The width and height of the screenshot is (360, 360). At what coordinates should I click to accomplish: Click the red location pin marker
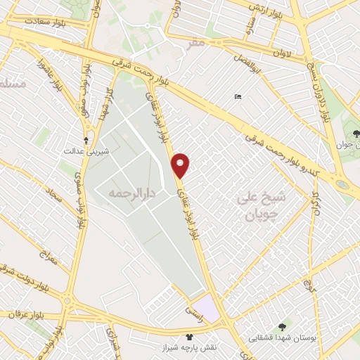pos(181,165)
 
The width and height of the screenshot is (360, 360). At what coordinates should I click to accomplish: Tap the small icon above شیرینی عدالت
pos(86,140)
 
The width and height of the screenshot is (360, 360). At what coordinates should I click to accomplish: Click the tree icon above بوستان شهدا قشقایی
pos(283,326)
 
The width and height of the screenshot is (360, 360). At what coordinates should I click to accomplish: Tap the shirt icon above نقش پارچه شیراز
pos(188,338)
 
